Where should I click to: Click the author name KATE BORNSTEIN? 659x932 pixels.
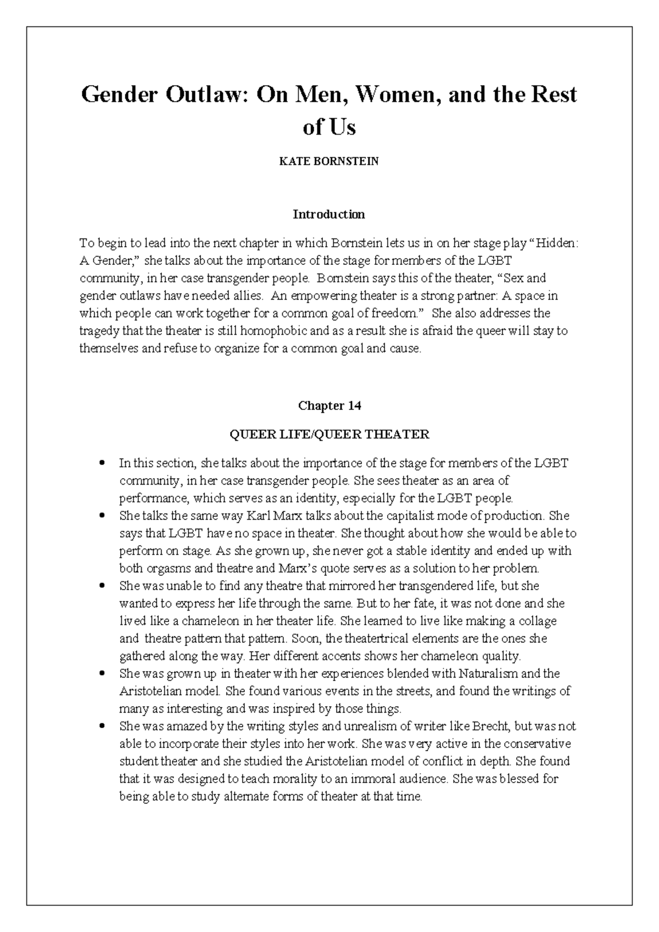point(329,162)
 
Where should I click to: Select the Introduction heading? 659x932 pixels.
point(328,214)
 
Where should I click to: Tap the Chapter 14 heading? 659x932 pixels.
point(329,406)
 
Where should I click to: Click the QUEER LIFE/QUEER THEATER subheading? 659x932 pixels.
point(329,435)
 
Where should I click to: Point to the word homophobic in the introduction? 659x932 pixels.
point(277,331)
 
